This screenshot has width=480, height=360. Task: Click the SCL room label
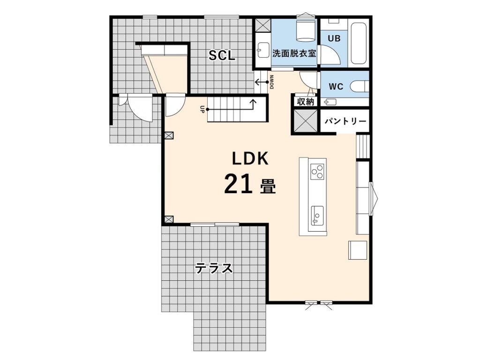[222, 55]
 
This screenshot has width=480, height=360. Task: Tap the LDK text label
[250, 158]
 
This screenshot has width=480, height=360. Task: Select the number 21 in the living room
[239, 184]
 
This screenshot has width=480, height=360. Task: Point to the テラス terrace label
[214, 269]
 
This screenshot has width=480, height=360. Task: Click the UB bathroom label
[334, 38]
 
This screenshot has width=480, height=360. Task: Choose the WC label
[336, 87]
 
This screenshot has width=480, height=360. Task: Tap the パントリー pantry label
[345, 121]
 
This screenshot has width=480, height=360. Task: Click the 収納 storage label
[306, 102]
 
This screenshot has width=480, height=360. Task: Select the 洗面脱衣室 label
[294, 53]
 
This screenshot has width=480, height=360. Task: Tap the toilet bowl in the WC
[360, 86]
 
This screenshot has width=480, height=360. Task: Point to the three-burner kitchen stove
[317, 172]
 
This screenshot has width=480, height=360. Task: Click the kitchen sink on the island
[317, 216]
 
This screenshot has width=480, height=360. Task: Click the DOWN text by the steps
[272, 82]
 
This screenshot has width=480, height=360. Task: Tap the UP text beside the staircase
[202, 109]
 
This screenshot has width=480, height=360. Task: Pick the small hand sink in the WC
[330, 102]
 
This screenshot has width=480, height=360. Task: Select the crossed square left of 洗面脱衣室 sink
[262, 25]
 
